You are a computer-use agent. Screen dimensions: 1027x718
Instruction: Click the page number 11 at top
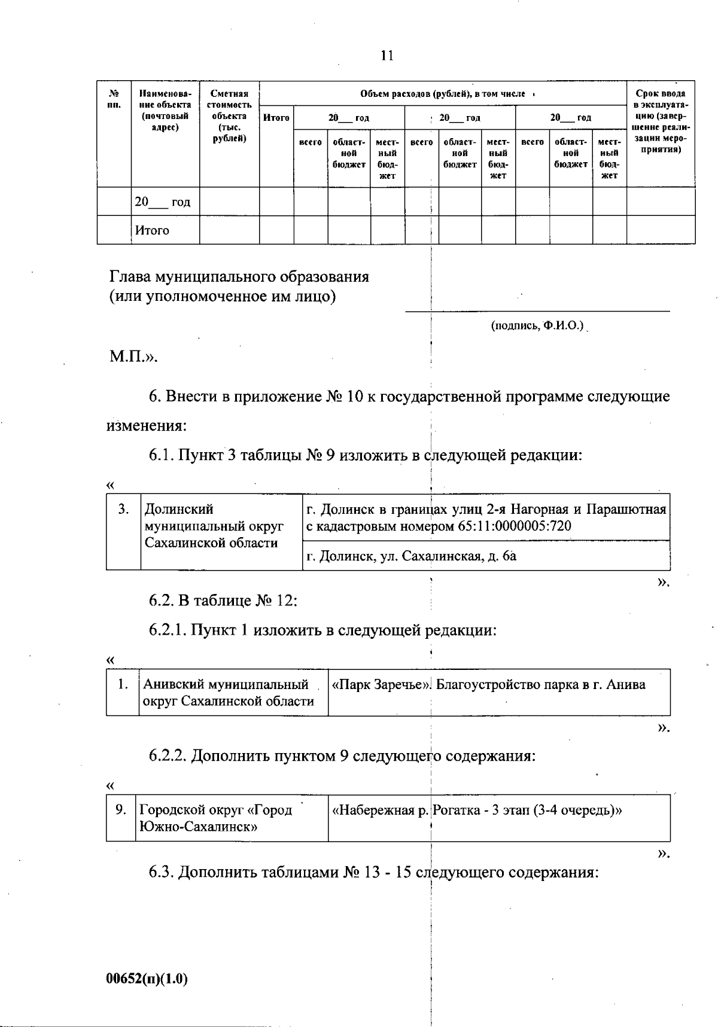(387, 56)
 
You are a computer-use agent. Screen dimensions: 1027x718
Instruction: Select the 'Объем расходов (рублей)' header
(443, 94)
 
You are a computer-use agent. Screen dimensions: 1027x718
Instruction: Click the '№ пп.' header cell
(114, 99)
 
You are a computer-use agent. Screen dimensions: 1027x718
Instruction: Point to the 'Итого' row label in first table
(152, 230)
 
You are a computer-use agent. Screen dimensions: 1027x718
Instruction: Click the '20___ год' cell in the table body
(163, 202)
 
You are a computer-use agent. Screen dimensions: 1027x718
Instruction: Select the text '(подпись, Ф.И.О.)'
(537, 326)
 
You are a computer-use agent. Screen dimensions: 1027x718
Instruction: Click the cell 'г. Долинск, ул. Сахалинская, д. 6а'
(412, 556)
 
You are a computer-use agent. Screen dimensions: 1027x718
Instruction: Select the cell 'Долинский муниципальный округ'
(214, 526)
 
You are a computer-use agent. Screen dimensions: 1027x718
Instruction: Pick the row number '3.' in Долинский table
(123, 510)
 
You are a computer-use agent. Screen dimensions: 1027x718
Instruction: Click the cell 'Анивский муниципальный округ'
(229, 692)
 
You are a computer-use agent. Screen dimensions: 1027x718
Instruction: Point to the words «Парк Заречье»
(382, 685)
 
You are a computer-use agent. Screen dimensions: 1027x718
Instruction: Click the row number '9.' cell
(121, 810)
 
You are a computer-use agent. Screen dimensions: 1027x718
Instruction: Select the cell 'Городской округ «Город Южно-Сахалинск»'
(215, 818)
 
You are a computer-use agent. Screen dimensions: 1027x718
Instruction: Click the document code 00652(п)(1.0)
(147, 979)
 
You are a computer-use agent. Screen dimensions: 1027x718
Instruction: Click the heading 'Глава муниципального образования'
(239, 277)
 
